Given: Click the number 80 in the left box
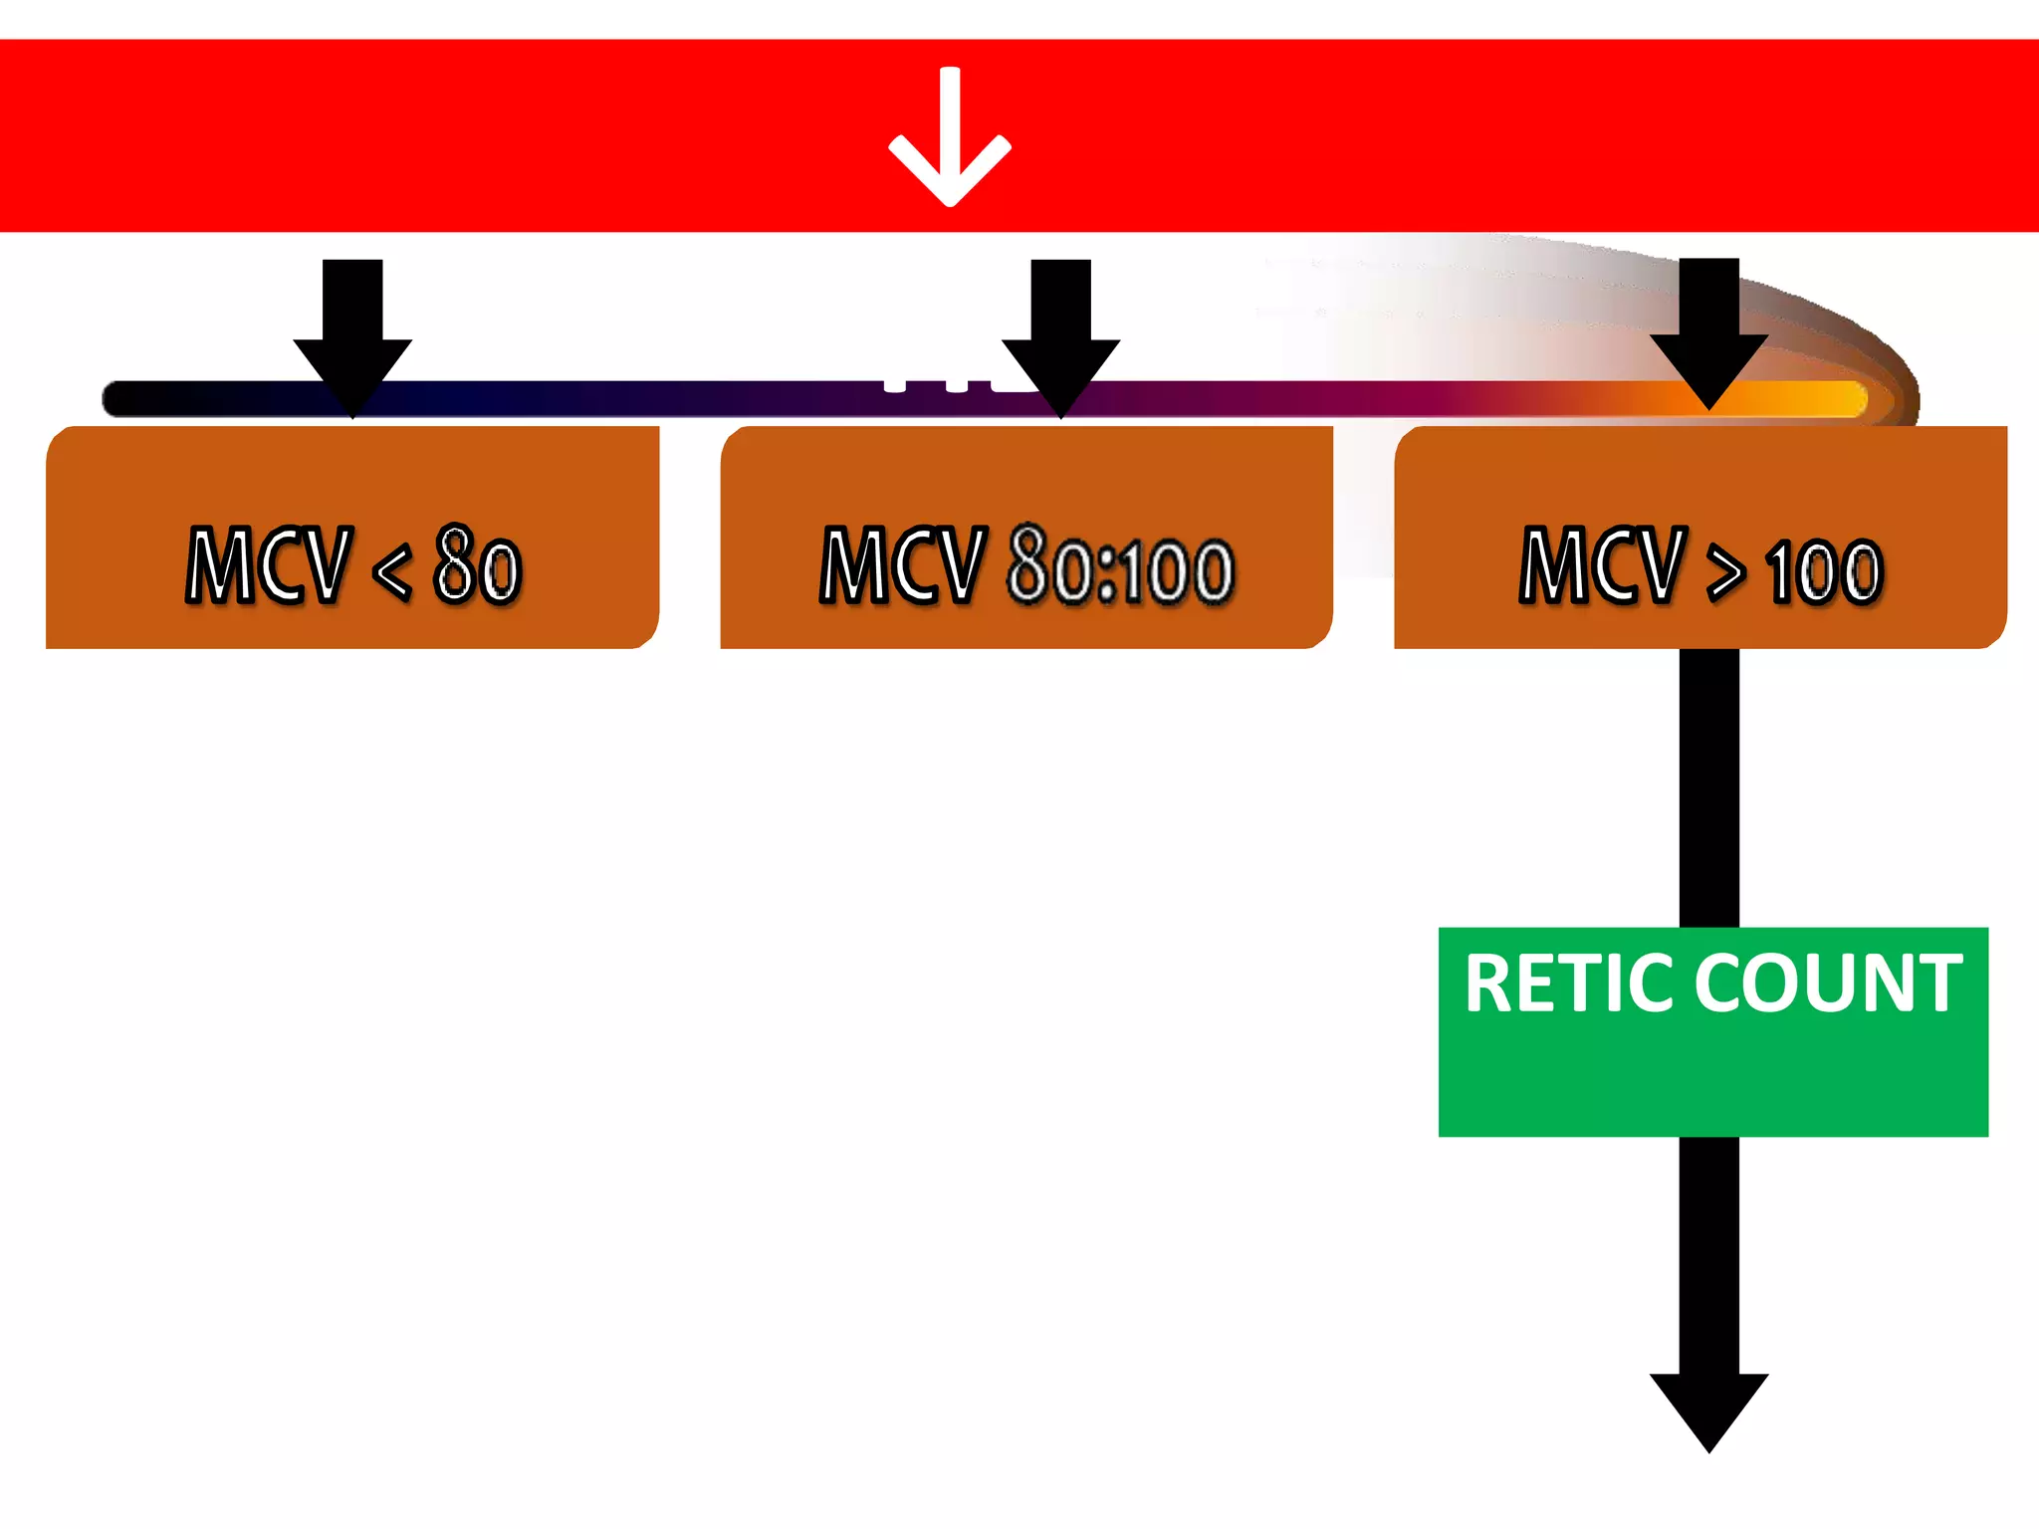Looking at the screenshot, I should click(x=477, y=564).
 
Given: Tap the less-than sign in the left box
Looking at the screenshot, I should click(x=391, y=570).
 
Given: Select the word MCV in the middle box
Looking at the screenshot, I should click(x=901, y=564).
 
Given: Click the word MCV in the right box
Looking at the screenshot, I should click(x=1603, y=564).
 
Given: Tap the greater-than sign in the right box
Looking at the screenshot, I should click(x=1725, y=572).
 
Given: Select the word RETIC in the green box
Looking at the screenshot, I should click(x=1570, y=983).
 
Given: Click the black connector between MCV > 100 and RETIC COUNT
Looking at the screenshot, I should click(x=1708, y=786).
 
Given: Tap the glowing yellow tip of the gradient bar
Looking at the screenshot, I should click(x=1842, y=399).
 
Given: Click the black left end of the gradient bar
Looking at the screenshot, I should click(x=129, y=399).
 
